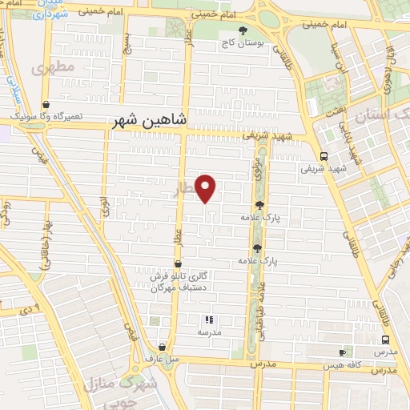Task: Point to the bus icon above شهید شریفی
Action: (x=324, y=156)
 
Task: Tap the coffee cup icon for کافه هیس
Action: (x=343, y=352)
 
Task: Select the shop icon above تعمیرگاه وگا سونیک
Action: (x=46, y=104)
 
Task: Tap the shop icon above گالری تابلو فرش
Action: (x=177, y=263)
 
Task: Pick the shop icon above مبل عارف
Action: (x=163, y=348)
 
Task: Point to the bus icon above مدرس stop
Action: (x=385, y=340)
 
